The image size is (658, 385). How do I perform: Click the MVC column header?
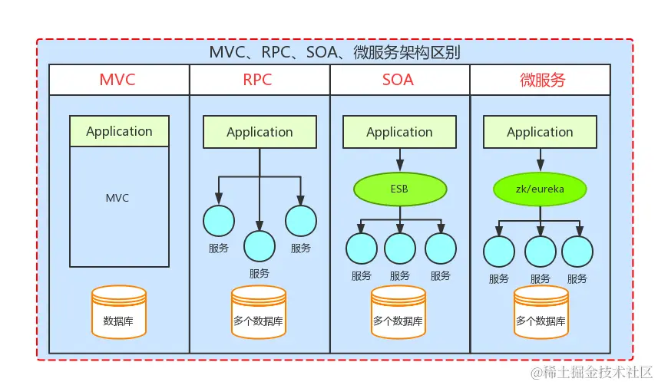click(x=119, y=80)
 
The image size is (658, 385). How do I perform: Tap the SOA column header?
click(x=399, y=80)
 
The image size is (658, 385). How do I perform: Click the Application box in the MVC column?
click(x=119, y=131)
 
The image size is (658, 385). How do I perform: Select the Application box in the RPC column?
click(x=260, y=132)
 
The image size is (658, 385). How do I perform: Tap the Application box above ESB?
click(x=399, y=132)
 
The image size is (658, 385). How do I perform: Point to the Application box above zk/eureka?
click(x=540, y=132)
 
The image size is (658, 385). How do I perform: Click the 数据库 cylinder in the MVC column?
click(x=118, y=313)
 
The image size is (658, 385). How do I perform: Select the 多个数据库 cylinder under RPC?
click(x=259, y=313)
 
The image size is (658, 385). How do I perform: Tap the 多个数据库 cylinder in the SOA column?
click(x=398, y=313)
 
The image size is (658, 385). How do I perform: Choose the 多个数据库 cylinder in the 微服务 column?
click(x=541, y=313)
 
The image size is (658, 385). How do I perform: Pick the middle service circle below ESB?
click(x=399, y=248)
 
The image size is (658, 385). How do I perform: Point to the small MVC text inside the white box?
click(x=117, y=198)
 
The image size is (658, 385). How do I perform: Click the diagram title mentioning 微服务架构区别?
click(x=335, y=53)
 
